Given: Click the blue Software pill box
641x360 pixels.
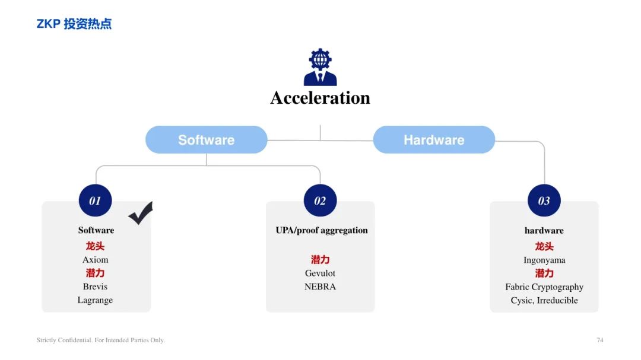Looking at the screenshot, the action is [x=207, y=140].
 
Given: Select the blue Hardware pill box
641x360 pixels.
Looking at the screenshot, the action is [x=434, y=140].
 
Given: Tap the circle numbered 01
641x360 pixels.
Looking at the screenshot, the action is [x=95, y=200].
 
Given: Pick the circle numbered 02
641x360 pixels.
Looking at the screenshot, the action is [x=320, y=200].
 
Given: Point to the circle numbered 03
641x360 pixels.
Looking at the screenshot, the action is [x=544, y=200].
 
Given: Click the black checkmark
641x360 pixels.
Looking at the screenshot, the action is [x=141, y=214].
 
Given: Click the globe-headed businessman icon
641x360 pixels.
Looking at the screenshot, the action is [x=320, y=67].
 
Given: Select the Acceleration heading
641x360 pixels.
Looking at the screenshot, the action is [x=320, y=98].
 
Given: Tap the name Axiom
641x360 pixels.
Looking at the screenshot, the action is [x=95, y=260].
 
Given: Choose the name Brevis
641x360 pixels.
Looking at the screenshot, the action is [x=95, y=286].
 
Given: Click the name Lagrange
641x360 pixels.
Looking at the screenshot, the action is [x=95, y=300].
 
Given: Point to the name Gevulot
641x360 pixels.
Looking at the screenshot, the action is [x=320, y=273].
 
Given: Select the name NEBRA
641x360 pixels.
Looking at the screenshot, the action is [x=320, y=287].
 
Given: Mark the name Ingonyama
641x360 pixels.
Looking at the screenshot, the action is [x=544, y=260].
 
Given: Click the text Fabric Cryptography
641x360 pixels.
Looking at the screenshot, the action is [x=544, y=287].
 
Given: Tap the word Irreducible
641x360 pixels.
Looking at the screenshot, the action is [x=557, y=300].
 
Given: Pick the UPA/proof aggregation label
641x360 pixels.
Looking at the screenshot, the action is [x=322, y=231].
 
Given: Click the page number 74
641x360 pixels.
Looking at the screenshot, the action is [x=599, y=340].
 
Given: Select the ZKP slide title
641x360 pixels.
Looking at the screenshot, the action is [x=74, y=24].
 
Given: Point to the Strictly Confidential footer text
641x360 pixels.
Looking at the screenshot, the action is [x=100, y=340].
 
